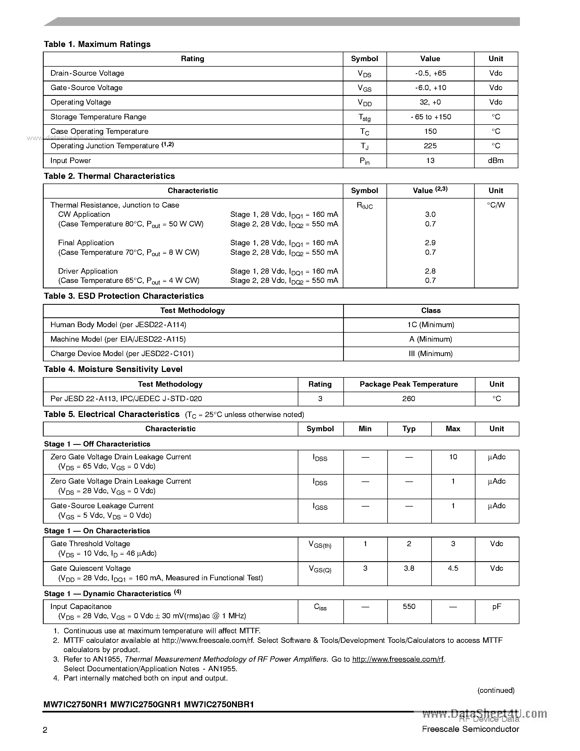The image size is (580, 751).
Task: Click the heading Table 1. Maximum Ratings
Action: pyautogui.click(x=97, y=44)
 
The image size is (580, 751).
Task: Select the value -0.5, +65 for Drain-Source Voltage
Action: pyautogui.click(x=430, y=73)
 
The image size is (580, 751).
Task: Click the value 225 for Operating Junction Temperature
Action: pyautogui.click(x=430, y=146)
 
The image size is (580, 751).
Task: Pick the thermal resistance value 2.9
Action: pyautogui.click(x=430, y=243)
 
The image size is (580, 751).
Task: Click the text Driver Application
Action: pyautogui.click(x=88, y=271)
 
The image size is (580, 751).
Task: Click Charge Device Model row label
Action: pyautogui.click(x=122, y=354)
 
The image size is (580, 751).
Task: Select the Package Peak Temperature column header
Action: pyautogui.click(x=409, y=385)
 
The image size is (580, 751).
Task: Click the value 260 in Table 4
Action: pyautogui.click(x=409, y=399)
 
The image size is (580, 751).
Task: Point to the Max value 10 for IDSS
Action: pyautogui.click(x=453, y=457)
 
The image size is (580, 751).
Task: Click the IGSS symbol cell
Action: pyautogui.click(x=320, y=507)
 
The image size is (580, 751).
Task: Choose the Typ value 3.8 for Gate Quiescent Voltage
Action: pyautogui.click(x=409, y=568)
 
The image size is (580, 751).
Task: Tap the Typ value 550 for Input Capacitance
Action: pyautogui.click(x=409, y=607)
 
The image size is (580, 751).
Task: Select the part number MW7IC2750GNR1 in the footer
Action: pyautogui.click(x=145, y=705)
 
